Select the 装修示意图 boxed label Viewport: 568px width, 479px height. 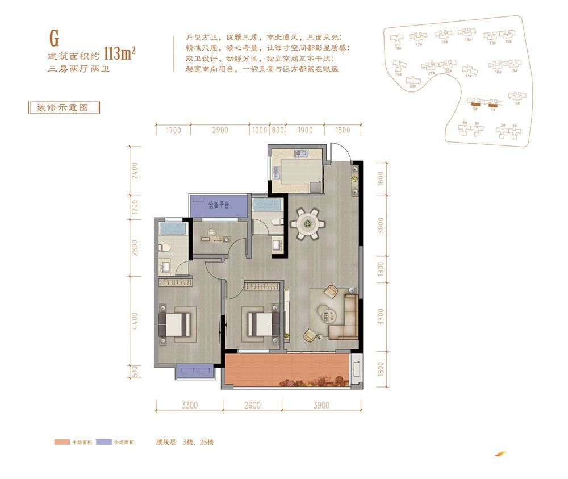click(62, 107)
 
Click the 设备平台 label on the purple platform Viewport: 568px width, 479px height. click(218, 205)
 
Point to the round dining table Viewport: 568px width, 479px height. click(308, 223)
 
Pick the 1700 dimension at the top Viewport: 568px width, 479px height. click(173, 130)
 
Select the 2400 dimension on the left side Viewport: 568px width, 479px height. click(135, 171)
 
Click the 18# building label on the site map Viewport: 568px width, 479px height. click(397, 48)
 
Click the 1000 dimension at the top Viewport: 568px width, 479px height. click(259, 130)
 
